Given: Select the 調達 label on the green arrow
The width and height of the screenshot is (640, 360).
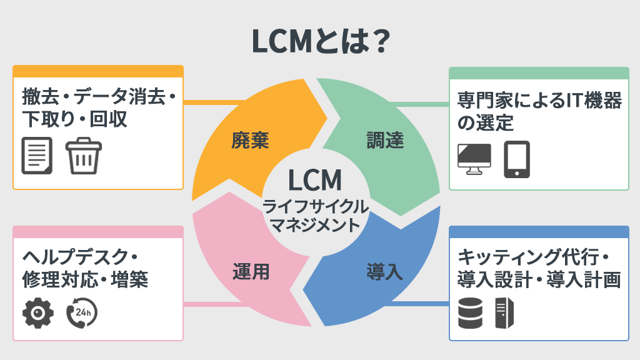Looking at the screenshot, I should coord(385,141).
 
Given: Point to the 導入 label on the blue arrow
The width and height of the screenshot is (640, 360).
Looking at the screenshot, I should coord(384,272).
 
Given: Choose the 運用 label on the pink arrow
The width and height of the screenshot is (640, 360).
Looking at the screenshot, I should coord(250,272).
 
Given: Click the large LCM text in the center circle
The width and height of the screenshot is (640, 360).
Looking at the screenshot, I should coord(315,180).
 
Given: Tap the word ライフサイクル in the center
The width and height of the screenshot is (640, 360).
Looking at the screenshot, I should coord(316,206).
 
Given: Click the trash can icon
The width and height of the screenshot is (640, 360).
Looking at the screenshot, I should coord(84,156).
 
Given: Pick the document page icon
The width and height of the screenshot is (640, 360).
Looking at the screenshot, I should coord(37,156).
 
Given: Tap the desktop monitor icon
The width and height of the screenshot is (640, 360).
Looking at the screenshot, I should coord(474,158).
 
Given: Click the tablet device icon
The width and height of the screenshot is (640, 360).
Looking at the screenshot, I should coord(517,159).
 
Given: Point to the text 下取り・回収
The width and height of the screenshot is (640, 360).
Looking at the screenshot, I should coord(74,119).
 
